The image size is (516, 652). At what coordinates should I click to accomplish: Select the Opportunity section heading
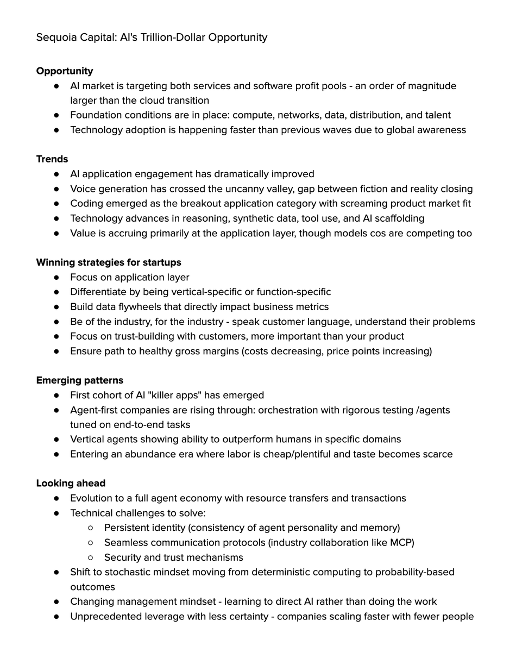click(x=65, y=71)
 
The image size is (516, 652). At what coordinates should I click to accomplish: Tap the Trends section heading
click(x=52, y=159)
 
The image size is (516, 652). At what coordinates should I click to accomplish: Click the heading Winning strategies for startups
click(x=109, y=262)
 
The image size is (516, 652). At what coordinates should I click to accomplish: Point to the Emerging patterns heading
click(x=80, y=380)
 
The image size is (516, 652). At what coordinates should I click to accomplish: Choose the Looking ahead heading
click(x=71, y=484)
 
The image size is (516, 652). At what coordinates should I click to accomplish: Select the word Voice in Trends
click(x=83, y=189)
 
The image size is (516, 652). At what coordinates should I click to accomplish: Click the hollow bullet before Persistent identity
click(x=91, y=528)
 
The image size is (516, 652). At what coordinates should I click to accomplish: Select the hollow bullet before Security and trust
click(x=91, y=557)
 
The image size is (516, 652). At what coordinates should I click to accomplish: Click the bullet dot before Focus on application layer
click(x=57, y=278)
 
